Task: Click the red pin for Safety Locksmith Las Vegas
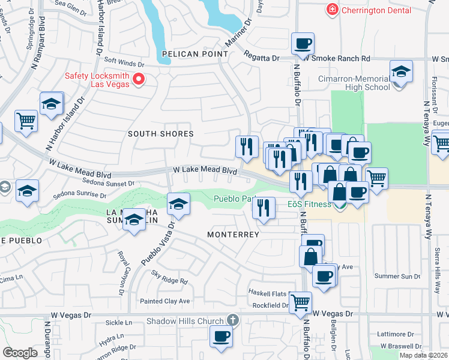click(x=139, y=79)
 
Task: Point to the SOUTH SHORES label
click(x=161, y=134)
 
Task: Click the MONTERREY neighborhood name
click(x=234, y=235)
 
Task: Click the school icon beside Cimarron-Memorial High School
click(x=401, y=72)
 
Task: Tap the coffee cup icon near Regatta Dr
click(x=303, y=44)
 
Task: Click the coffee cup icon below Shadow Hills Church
click(x=221, y=337)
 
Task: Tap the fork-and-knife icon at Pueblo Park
click(x=264, y=208)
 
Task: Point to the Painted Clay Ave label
click(x=164, y=301)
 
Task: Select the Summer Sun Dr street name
click(x=397, y=276)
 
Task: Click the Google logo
click(x=20, y=352)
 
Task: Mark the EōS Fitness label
click(x=309, y=204)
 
